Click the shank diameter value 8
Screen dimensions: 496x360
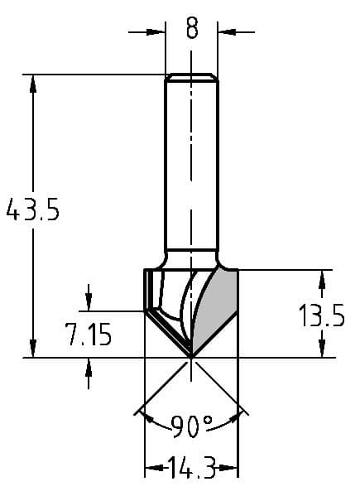click(192, 31)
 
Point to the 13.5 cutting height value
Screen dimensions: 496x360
click(321, 315)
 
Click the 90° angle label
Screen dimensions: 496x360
click(192, 426)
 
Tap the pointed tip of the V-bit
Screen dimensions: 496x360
click(192, 357)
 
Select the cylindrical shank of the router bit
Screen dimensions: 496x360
click(192, 166)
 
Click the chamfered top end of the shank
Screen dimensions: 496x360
click(192, 78)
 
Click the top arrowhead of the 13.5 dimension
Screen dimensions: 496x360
click(321, 278)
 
